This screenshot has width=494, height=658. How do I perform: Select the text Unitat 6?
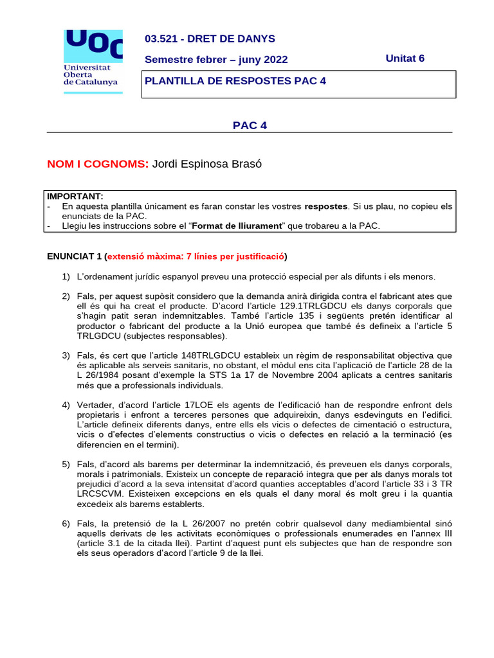click(405, 58)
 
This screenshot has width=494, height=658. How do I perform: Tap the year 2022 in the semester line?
click(275, 60)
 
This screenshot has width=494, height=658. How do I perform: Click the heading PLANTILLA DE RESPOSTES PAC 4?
click(235, 81)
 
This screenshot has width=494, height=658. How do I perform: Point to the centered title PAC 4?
click(250, 125)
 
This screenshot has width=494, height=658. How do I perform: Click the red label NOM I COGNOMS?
click(98, 164)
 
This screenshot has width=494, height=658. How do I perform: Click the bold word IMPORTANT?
click(75, 196)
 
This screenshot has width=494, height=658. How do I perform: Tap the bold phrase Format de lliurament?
click(237, 226)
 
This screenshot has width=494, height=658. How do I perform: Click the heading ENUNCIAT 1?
click(75, 256)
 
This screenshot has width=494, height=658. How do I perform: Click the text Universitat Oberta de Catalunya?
click(90, 75)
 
